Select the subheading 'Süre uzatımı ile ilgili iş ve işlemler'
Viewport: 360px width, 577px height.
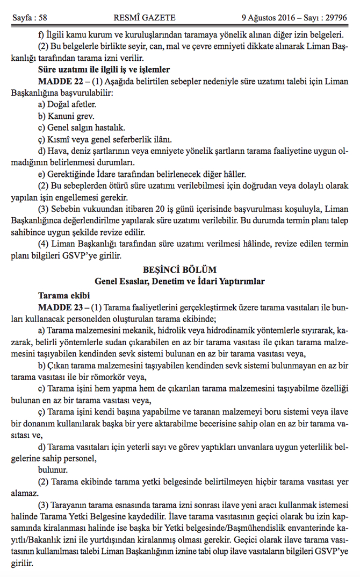pos(104,69)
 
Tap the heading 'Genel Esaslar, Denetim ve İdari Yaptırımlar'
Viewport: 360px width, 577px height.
pos(179,281)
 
